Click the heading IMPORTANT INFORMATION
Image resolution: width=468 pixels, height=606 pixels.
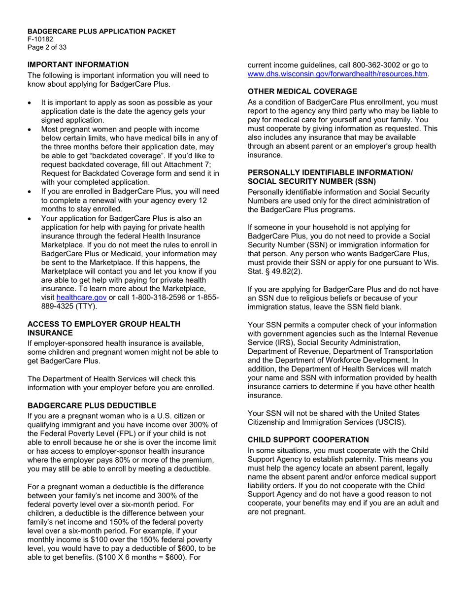(78, 65)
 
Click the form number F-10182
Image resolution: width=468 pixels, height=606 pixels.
(40, 39)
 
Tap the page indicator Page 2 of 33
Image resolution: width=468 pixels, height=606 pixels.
(47, 47)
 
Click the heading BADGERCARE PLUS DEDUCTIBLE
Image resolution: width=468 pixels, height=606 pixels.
(92, 405)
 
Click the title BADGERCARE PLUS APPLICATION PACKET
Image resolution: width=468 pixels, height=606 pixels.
(101, 32)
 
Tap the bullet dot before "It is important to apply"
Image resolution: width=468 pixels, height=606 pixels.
(31, 103)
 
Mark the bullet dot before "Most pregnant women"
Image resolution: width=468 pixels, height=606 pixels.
(31, 130)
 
